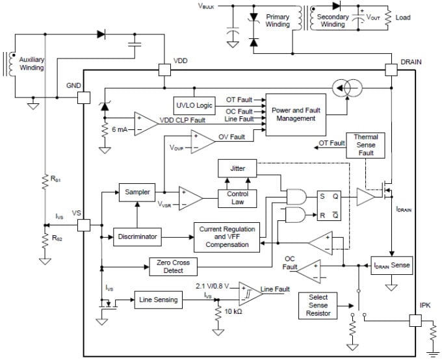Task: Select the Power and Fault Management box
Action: coord(296,114)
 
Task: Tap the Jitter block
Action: coord(237,168)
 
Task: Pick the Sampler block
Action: coord(137,192)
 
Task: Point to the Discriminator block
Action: coord(136,237)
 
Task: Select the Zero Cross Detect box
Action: coord(173,266)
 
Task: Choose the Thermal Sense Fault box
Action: coord(365,146)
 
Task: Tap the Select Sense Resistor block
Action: coord(318,305)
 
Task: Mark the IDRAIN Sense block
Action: coord(391,266)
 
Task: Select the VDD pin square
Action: coord(164,69)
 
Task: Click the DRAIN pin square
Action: coord(391,69)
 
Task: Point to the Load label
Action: coord(403,18)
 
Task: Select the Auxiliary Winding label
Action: coord(31,64)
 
